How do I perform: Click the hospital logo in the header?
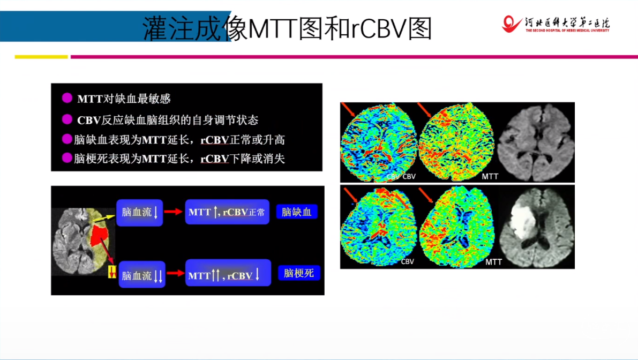pos(556,25)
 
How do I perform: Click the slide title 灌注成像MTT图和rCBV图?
pos(287,28)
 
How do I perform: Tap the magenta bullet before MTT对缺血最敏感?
pos(67,98)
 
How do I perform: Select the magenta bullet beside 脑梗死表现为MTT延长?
pos(67,158)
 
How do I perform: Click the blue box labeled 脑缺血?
pos(297,212)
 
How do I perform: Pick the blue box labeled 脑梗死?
pos(299,273)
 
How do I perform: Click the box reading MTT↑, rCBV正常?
pos(227,212)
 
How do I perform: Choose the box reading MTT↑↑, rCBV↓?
pos(228,273)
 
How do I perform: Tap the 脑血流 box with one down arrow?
pos(140,213)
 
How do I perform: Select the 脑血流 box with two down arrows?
pos(142,275)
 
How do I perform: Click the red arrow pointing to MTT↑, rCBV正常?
pos(174,212)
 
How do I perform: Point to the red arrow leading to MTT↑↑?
pos(175,273)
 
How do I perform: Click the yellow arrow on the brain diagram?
pos(104,219)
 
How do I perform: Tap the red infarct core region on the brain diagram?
pos(99,236)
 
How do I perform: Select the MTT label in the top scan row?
pos(490,177)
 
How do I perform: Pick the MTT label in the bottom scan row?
pos(493,262)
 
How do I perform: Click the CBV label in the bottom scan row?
pos(407,261)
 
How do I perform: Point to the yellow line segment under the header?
pos(41,57)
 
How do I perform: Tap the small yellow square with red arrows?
pos(112,272)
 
